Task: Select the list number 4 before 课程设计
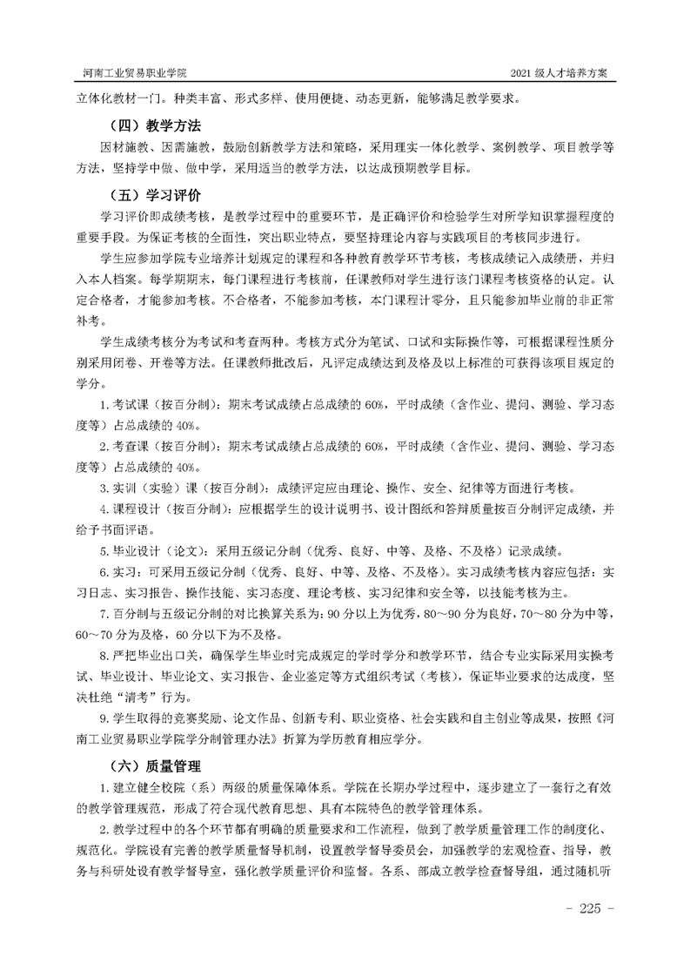pyautogui.click(x=104, y=508)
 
